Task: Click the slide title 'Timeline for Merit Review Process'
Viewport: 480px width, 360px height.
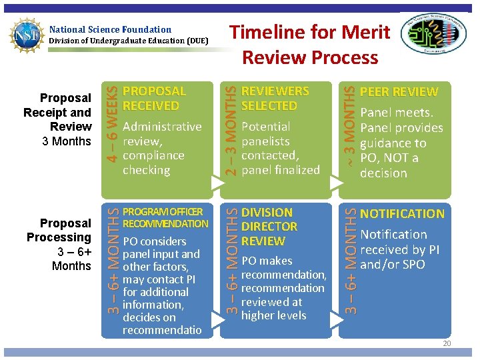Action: tap(310, 44)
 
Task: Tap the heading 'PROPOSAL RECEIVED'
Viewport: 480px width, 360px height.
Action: tap(154, 98)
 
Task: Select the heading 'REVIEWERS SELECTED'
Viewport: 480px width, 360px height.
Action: tap(275, 98)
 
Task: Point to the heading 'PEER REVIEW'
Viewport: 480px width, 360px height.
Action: tap(399, 92)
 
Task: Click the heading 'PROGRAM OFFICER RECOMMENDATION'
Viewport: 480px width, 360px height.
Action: tap(165, 218)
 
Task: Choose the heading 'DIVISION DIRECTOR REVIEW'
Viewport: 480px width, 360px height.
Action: tap(269, 227)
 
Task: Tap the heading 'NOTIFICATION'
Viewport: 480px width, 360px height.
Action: tap(401, 214)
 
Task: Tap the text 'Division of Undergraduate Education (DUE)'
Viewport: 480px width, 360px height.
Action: tap(129, 41)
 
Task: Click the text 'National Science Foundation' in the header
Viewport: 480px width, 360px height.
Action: tap(110, 29)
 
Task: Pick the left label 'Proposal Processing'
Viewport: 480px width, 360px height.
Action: tap(59, 230)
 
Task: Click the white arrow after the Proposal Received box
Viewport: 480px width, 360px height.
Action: tap(215, 181)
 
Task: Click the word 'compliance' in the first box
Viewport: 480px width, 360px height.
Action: tap(153, 155)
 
